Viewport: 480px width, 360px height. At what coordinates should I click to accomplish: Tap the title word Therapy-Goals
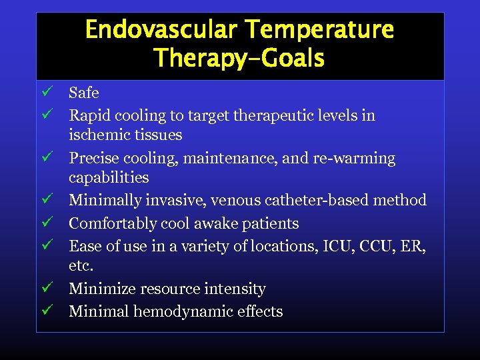point(239,59)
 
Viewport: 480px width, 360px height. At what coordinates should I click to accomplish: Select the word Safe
point(84,93)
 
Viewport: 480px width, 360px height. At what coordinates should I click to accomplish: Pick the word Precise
point(93,159)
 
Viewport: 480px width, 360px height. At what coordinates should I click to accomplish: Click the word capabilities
point(109,178)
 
